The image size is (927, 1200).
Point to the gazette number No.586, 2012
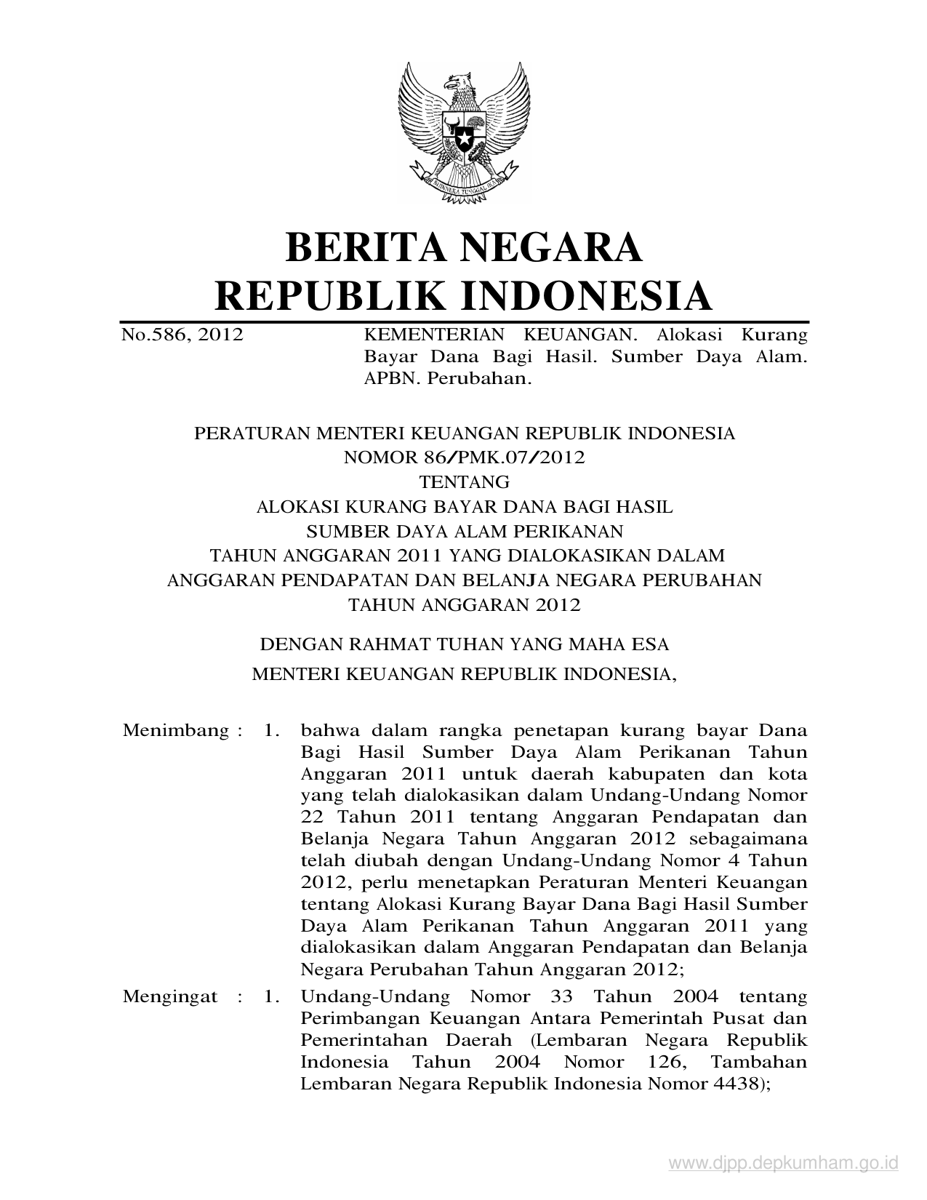pos(182,335)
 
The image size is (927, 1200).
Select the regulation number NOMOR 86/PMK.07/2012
pos(464,457)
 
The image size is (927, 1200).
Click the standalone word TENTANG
pos(464,481)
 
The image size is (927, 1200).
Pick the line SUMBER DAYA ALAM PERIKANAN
pos(464,531)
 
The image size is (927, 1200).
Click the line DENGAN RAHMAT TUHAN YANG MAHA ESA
pos(464,644)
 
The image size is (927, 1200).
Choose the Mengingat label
pos(170,996)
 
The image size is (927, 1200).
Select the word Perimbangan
pos(352,1018)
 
